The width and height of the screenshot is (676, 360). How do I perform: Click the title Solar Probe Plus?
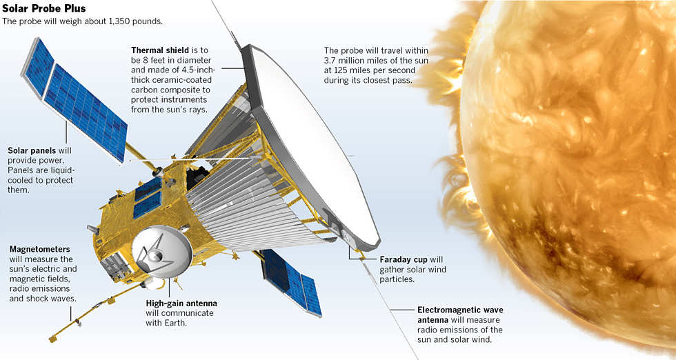(x=44, y=8)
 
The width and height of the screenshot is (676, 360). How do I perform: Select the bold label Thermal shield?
(x=160, y=50)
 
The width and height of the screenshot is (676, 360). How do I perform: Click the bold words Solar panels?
(x=32, y=150)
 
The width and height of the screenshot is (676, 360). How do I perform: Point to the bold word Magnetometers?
(x=40, y=249)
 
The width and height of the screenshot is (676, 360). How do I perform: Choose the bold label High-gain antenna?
(x=181, y=303)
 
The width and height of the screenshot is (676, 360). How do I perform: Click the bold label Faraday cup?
(x=404, y=259)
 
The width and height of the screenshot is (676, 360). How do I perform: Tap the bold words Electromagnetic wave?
(x=460, y=310)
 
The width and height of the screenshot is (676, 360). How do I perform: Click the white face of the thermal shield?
(x=310, y=142)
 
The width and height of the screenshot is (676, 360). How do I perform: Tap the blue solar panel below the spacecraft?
(x=291, y=281)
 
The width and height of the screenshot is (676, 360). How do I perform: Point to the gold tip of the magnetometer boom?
(x=52, y=339)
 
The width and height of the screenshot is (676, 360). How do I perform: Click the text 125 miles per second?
(x=370, y=71)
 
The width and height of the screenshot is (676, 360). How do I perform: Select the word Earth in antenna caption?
(x=178, y=323)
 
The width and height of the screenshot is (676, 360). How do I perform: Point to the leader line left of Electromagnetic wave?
(x=401, y=310)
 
